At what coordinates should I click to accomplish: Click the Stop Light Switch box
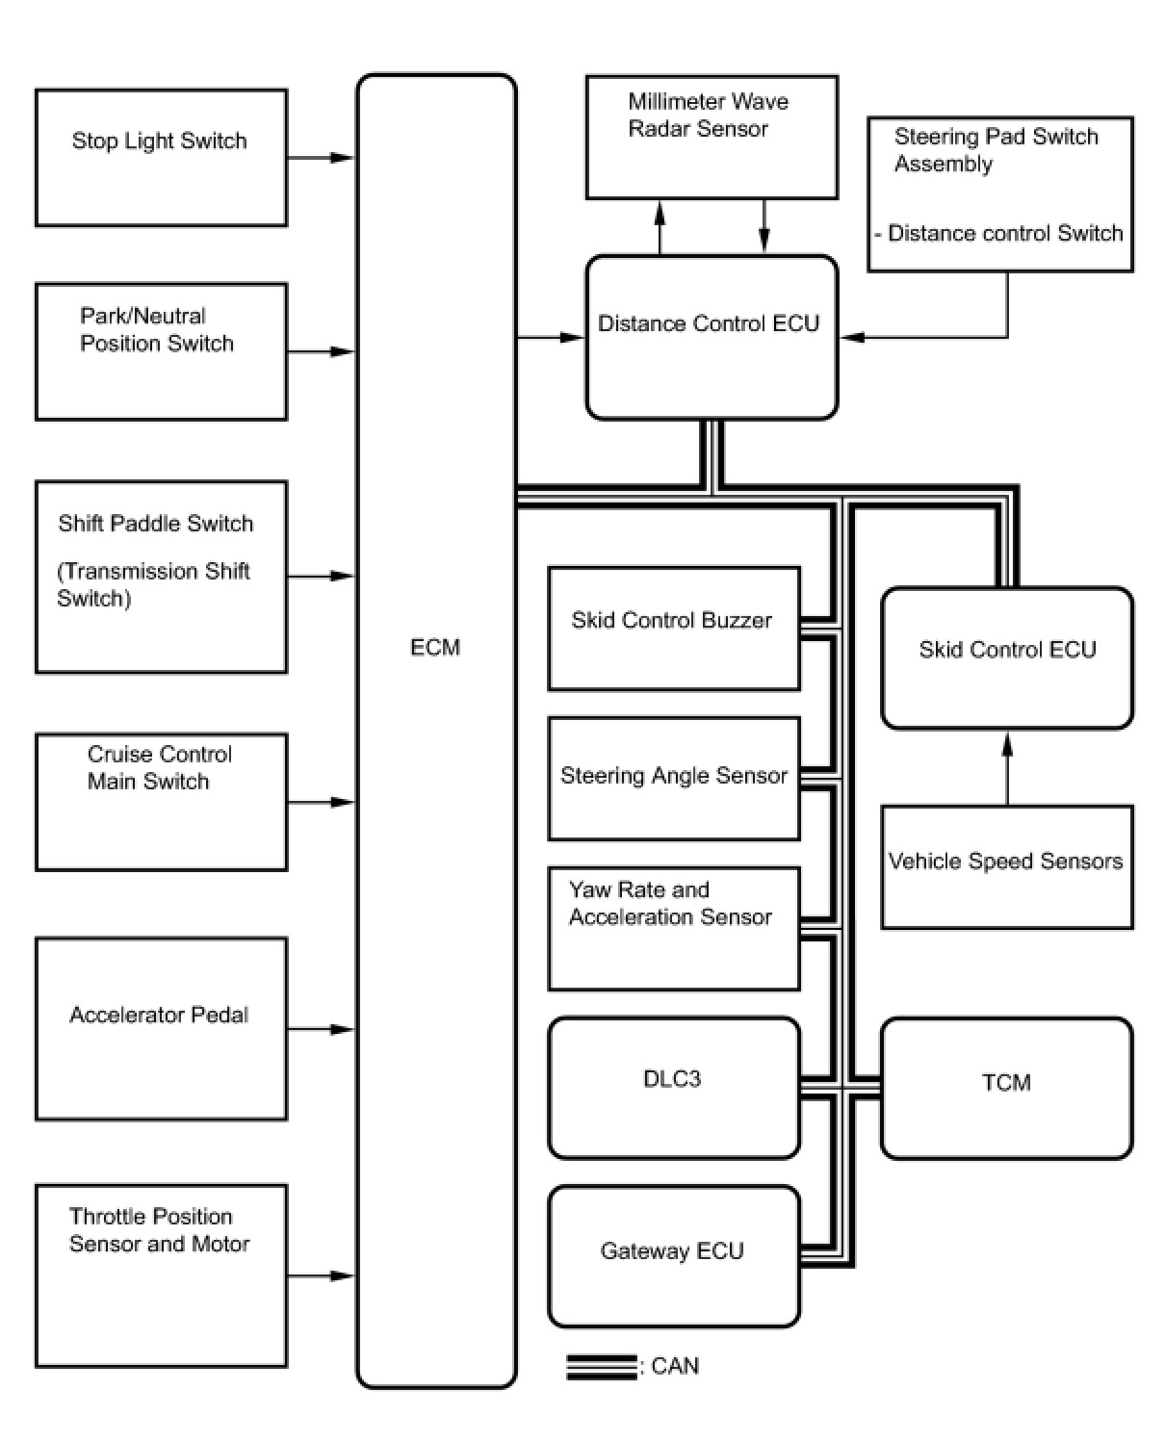pos(161,158)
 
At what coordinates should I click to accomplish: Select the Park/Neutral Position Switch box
pos(161,351)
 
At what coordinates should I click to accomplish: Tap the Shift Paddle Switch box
pos(161,577)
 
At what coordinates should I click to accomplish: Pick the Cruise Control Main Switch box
pos(161,802)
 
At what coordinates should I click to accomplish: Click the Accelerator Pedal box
pos(161,1028)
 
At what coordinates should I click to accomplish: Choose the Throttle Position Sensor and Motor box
pos(161,1275)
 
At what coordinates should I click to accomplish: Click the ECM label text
pos(435,648)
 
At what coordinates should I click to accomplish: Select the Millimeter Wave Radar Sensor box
pos(712,137)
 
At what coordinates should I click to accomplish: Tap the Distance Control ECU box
pos(712,337)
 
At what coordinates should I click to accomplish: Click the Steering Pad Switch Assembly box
pos(1000,194)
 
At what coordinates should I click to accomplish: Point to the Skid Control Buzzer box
pos(673,628)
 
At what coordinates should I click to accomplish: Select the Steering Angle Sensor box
pos(673,778)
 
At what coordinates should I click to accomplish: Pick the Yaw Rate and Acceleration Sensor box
pos(673,928)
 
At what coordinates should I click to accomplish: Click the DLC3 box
pos(673,1087)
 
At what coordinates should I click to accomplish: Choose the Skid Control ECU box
pos(1007,657)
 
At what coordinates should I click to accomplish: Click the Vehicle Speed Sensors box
pos(1007,866)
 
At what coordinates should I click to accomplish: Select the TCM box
pos(1007,1087)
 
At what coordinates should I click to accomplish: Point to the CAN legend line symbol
pos(602,1367)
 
